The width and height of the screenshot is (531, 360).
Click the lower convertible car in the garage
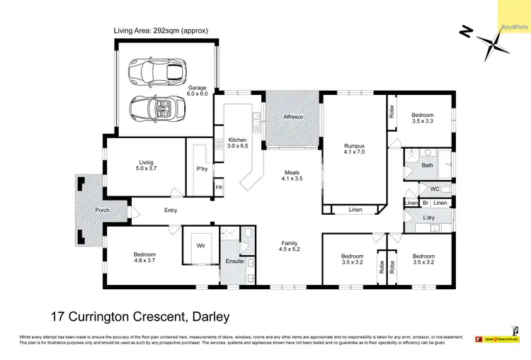pyautogui.click(x=157, y=108)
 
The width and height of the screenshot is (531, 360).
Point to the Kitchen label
pyautogui.click(x=237, y=139)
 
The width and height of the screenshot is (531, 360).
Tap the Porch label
pyautogui.click(x=103, y=210)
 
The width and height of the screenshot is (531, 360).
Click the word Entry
pyautogui.click(x=171, y=210)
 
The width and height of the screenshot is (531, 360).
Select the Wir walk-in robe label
pyautogui.click(x=200, y=246)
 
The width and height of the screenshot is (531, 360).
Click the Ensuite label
pyautogui.click(x=234, y=261)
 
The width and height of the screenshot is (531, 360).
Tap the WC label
pyautogui.click(x=435, y=189)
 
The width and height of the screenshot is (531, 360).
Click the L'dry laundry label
pyautogui.click(x=428, y=217)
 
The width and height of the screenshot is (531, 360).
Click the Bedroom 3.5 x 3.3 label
pyautogui.click(x=423, y=118)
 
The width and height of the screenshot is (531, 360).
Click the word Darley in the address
pyautogui.click(x=205, y=316)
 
